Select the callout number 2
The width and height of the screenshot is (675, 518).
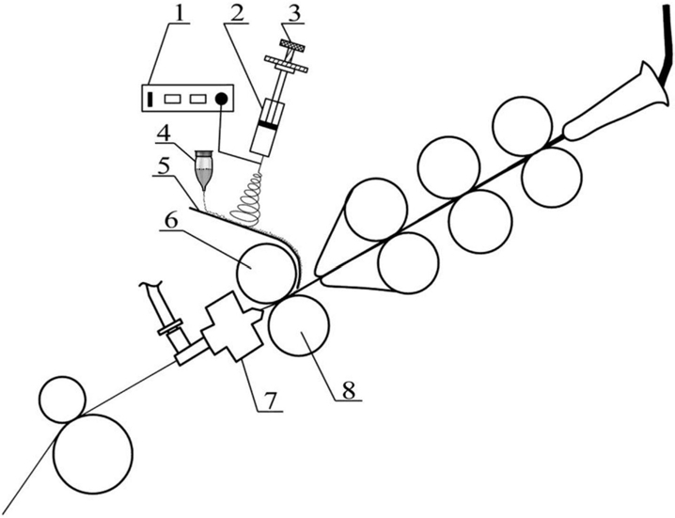coord(236,13)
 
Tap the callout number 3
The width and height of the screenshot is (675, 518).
coord(294,13)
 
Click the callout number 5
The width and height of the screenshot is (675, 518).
coord(163,166)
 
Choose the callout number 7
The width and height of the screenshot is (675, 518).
coord(270,400)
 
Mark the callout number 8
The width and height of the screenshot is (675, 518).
coord(348,390)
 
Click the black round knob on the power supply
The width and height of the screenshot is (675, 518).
coord(221,99)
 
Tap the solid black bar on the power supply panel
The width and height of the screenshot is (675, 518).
coord(149,99)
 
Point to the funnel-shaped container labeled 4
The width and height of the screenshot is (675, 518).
coord(203,169)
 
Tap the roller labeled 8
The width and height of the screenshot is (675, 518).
coord(299,325)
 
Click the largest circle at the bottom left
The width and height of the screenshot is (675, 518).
coord(93,454)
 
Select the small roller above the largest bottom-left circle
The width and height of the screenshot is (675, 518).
coord(62,399)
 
